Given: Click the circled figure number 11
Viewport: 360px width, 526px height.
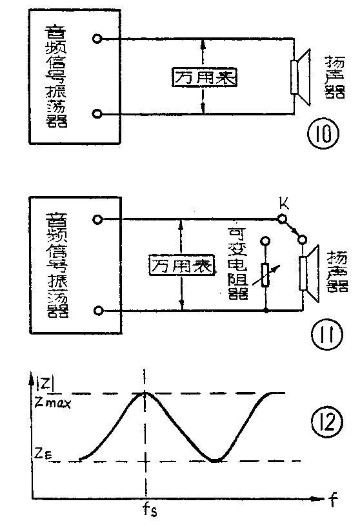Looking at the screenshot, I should [321, 337].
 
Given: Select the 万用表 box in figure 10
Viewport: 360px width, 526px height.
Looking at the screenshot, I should [205, 78].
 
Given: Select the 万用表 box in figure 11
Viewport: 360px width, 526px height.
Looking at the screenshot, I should [182, 266].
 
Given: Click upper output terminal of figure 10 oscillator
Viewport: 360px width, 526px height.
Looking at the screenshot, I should [97, 39].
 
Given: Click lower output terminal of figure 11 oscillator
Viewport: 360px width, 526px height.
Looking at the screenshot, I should [97, 311].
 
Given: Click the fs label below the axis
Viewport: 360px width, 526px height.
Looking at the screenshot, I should [150, 512].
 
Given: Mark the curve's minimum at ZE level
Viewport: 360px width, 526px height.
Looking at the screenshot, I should [217, 459].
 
